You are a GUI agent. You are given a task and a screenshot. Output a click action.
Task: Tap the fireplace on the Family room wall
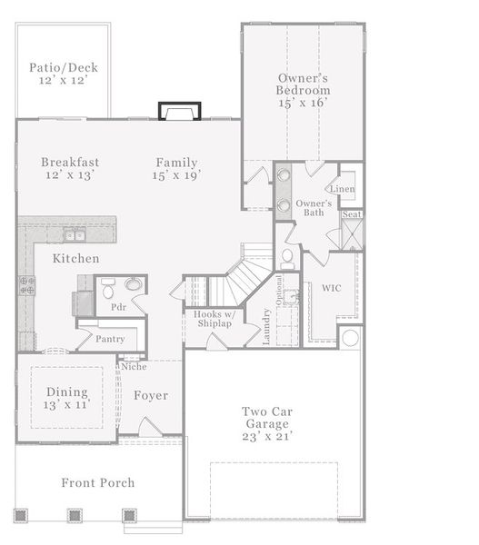179,111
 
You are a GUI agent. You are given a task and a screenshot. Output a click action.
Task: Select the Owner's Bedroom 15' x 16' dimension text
303,103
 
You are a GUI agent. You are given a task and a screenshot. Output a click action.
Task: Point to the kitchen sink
75,235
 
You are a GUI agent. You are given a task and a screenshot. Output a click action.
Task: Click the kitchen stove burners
26,285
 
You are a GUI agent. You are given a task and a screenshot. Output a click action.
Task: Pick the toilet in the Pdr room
108,288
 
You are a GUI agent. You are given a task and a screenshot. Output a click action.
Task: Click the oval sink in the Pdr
133,284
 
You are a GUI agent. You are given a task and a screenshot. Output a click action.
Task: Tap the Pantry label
110,339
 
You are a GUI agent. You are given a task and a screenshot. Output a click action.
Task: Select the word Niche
134,366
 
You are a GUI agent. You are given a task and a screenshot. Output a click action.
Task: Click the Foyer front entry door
150,427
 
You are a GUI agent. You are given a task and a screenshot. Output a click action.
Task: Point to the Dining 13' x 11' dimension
66,405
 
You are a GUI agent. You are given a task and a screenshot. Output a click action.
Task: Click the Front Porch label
98,483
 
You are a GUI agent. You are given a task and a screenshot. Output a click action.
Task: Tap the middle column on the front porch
75,515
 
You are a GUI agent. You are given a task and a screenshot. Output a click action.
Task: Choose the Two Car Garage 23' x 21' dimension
267,436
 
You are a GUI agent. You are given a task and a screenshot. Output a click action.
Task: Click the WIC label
332,288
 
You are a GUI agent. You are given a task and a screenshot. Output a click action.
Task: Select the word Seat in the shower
352,214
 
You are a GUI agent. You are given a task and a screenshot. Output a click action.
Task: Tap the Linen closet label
343,189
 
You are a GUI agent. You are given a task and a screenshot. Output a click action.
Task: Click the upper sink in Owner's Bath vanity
284,173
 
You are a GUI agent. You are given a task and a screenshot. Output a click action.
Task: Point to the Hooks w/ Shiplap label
215,319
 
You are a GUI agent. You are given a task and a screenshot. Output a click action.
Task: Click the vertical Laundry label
266,327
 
